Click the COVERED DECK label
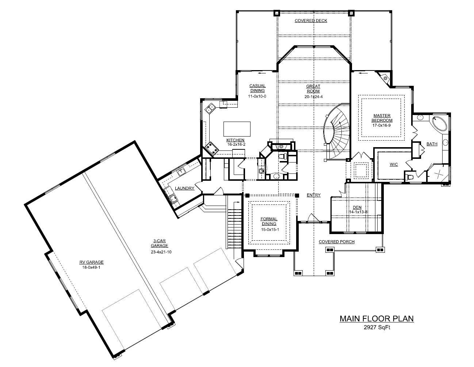tap(311, 21)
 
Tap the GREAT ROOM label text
tap(313, 89)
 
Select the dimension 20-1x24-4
tap(313, 97)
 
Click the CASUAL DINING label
tap(257, 88)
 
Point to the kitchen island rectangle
tap(237, 129)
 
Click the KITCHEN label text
tap(235, 140)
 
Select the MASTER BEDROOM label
tap(382, 118)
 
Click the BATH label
tap(432, 144)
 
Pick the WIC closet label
tap(394, 165)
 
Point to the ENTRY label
tap(313, 195)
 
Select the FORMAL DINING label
tap(268, 221)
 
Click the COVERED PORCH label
tap(336, 242)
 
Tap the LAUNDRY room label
tap(184, 188)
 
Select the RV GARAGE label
tap(92, 262)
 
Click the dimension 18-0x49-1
tap(92, 267)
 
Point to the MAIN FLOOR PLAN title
tap(376, 318)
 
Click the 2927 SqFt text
tap(377, 327)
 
